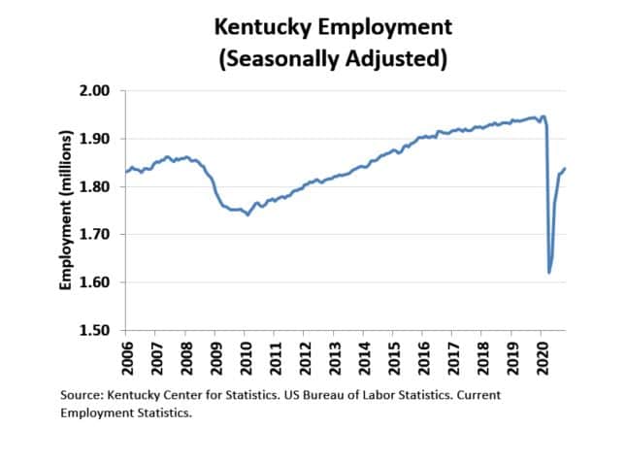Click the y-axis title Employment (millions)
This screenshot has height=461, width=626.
pyautogui.click(x=67, y=211)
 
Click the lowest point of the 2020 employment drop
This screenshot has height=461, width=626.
pyautogui.click(x=549, y=273)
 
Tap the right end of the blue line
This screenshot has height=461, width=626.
pyautogui.click(x=566, y=169)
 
